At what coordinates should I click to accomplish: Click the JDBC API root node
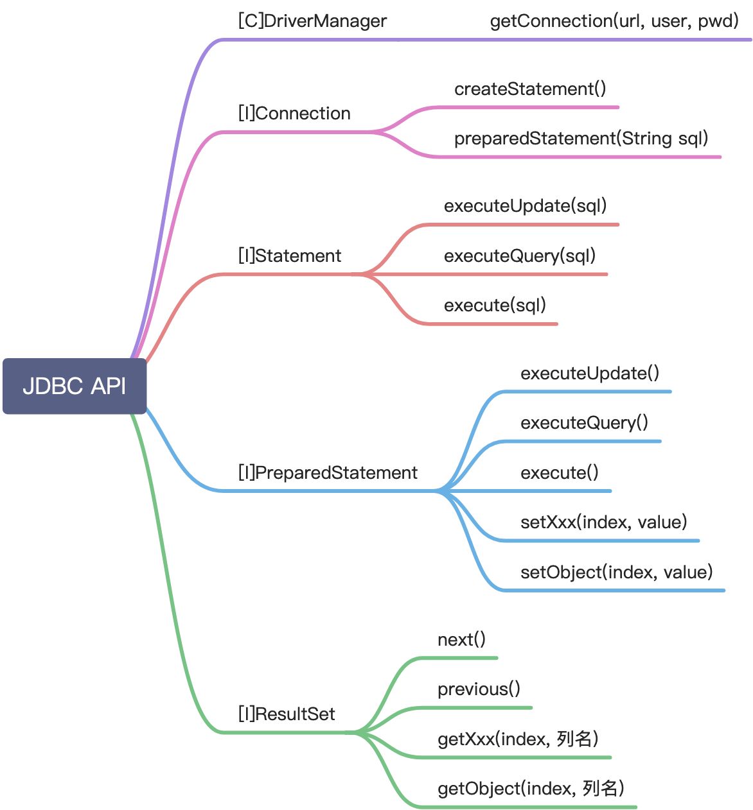pos(75,386)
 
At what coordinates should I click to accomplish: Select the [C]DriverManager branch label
pos(312,21)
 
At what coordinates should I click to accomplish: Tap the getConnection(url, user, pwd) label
pos(614,21)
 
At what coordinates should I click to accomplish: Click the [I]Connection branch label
pos(294,114)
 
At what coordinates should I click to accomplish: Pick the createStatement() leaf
pos(530,89)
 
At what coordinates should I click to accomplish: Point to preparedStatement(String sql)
pos(581,139)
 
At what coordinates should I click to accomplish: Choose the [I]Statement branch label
pos(290,256)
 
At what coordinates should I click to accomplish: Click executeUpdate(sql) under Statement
pos(525,206)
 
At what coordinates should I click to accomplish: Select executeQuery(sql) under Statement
pos(520,256)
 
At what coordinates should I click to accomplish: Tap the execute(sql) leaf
pos(495,306)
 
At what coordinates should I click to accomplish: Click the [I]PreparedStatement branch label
pos(328,473)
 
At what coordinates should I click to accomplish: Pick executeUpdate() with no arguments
pos(590,374)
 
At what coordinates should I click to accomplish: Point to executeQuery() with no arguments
pos(584,423)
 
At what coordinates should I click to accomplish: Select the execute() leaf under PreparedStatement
pos(559,473)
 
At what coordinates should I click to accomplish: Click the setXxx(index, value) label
pos(603,522)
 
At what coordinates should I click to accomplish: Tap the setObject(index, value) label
pos(616,573)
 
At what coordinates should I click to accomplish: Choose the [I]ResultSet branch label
pos(287,714)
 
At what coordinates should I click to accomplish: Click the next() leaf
pos(461,640)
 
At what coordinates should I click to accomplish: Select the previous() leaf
pos(479,689)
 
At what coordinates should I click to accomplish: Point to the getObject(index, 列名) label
pos(531,789)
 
